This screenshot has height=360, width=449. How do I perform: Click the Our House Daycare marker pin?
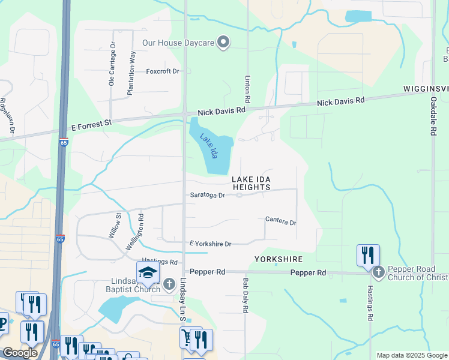click(x=224, y=42)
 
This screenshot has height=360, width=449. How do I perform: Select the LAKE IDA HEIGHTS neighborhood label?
click(x=252, y=183)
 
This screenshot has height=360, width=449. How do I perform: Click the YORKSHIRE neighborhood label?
click(x=278, y=259)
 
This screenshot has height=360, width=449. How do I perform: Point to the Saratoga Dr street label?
click(x=207, y=195)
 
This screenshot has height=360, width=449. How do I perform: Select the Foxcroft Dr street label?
click(x=163, y=71)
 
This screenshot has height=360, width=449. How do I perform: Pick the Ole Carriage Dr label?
click(x=112, y=64)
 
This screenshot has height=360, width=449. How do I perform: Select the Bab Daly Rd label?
click(x=246, y=295)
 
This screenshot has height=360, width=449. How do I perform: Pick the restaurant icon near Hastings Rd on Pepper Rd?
click(x=367, y=255)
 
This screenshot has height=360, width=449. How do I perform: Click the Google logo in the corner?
click(x=20, y=353)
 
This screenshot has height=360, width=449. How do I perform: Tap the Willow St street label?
click(x=115, y=226)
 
